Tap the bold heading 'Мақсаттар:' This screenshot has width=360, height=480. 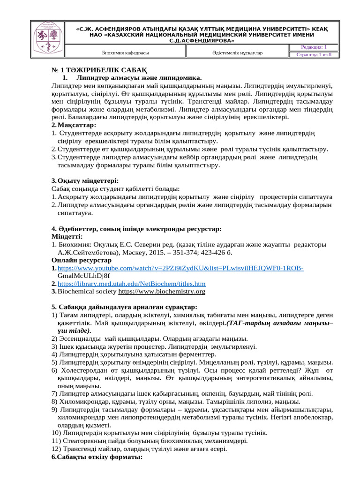pyautogui.click(x=77, y=125)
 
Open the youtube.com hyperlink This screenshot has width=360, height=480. pyautogui.click(x=180, y=268)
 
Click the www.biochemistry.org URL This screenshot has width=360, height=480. pyautogui.click(x=162, y=292)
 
